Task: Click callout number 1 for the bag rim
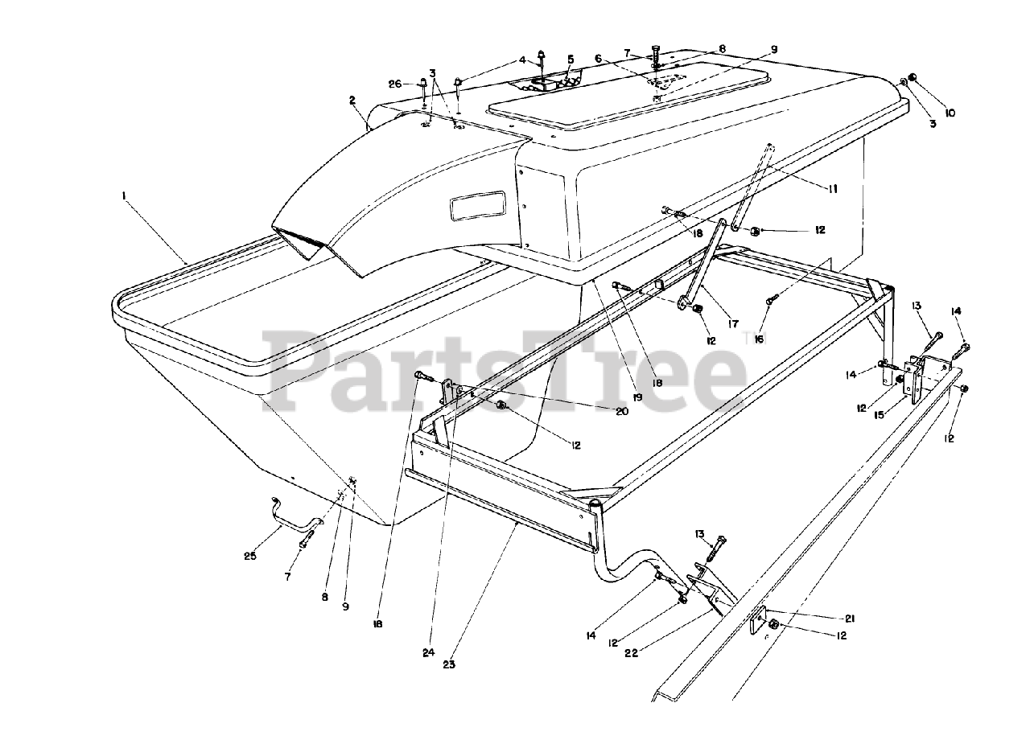125,195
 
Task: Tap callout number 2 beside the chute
352,101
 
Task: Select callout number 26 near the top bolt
394,84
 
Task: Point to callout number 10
950,113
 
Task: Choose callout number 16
757,339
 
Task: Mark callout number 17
733,323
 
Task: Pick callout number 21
851,619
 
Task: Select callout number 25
250,556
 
